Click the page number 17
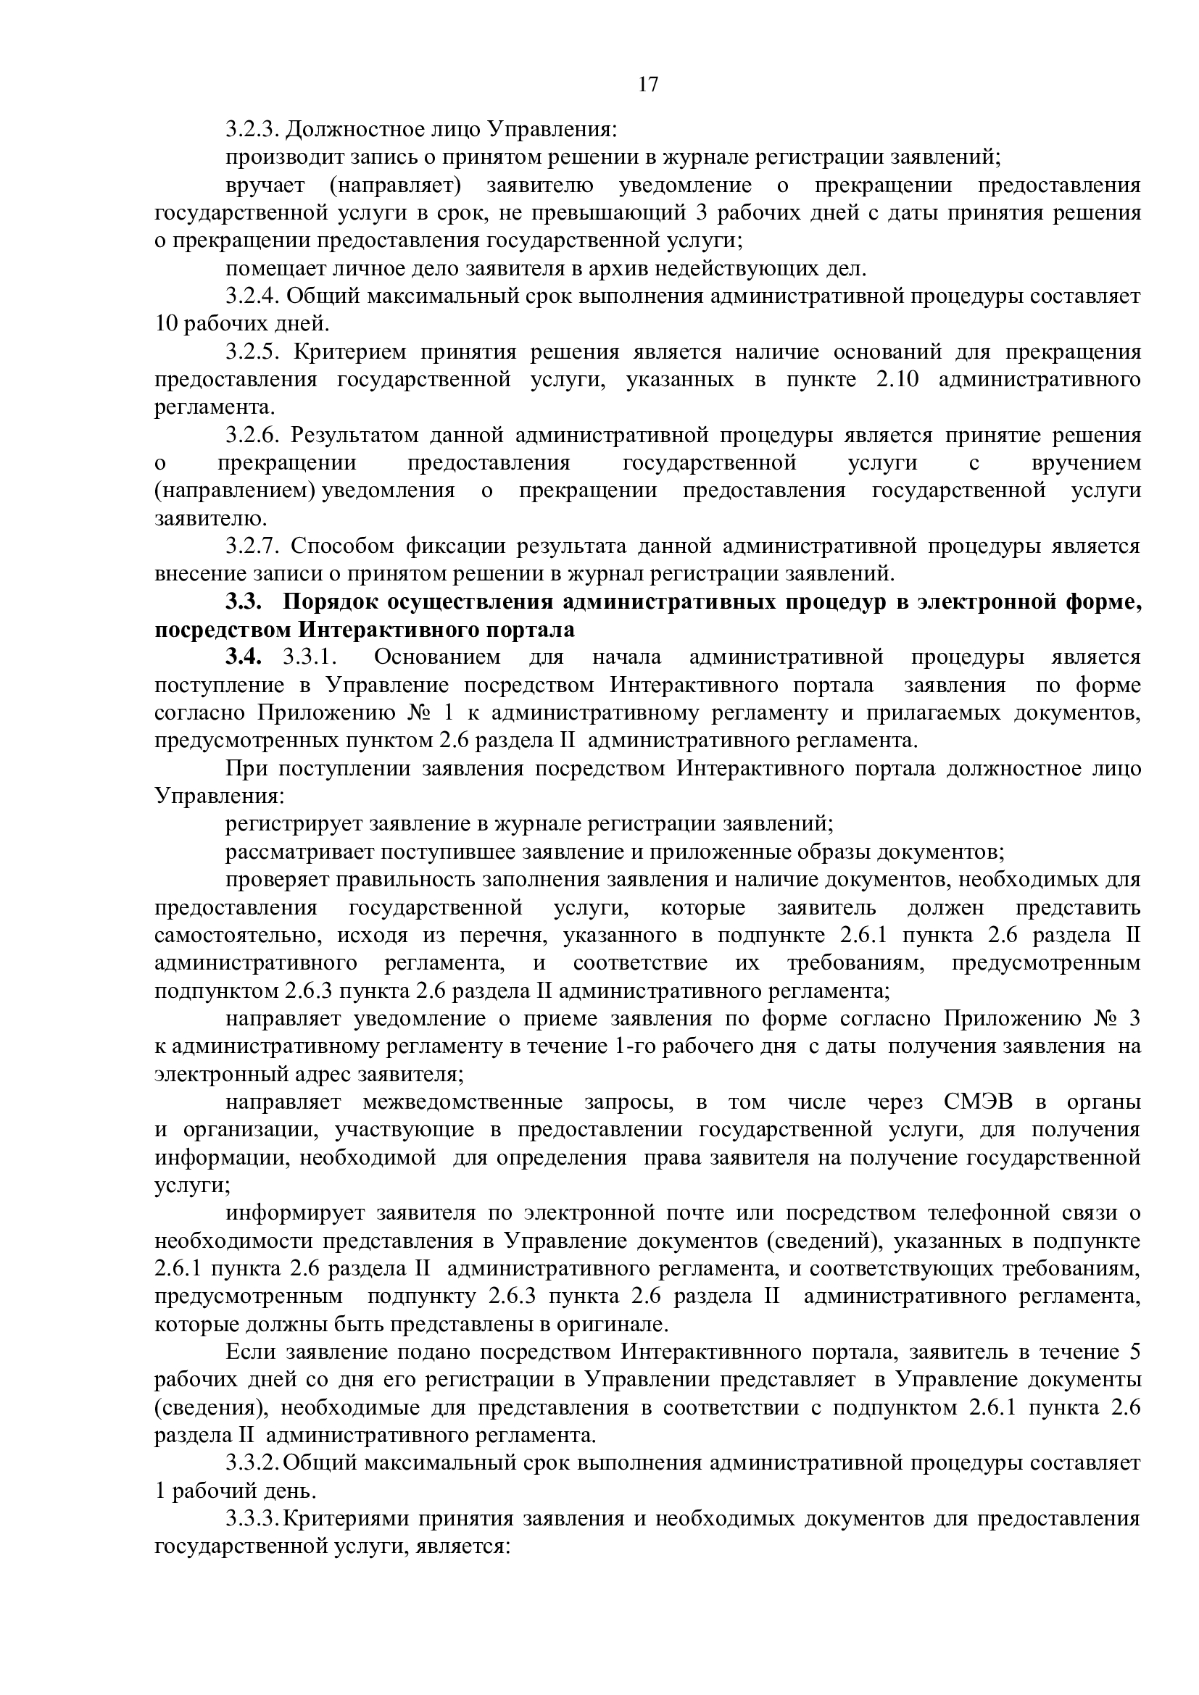pyautogui.click(x=647, y=85)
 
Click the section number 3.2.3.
pyautogui.click(x=252, y=129)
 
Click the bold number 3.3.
pyautogui.click(x=244, y=602)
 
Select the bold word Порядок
pyautogui.click(x=328, y=602)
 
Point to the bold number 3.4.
pyautogui.click(x=244, y=658)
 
